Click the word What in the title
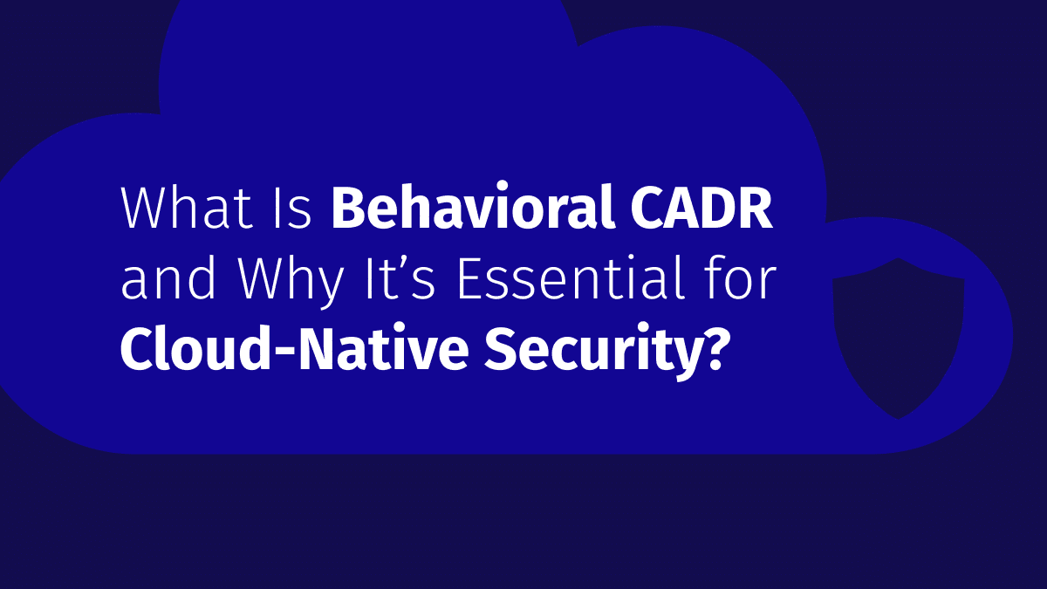pyautogui.click(x=187, y=207)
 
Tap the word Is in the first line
pyautogui.click(x=292, y=208)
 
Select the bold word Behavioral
pyautogui.click(x=474, y=206)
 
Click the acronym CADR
pyautogui.click(x=701, y=208)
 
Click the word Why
pyautogui.click(x=291, y=282)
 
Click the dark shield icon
pyautogui.click(x=898, y=338)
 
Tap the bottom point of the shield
pyautogui.click(x=898, y=419)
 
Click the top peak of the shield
pyautogui.click(x=898, y=258)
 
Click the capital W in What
pyautogui.click(x=147, y=208)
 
